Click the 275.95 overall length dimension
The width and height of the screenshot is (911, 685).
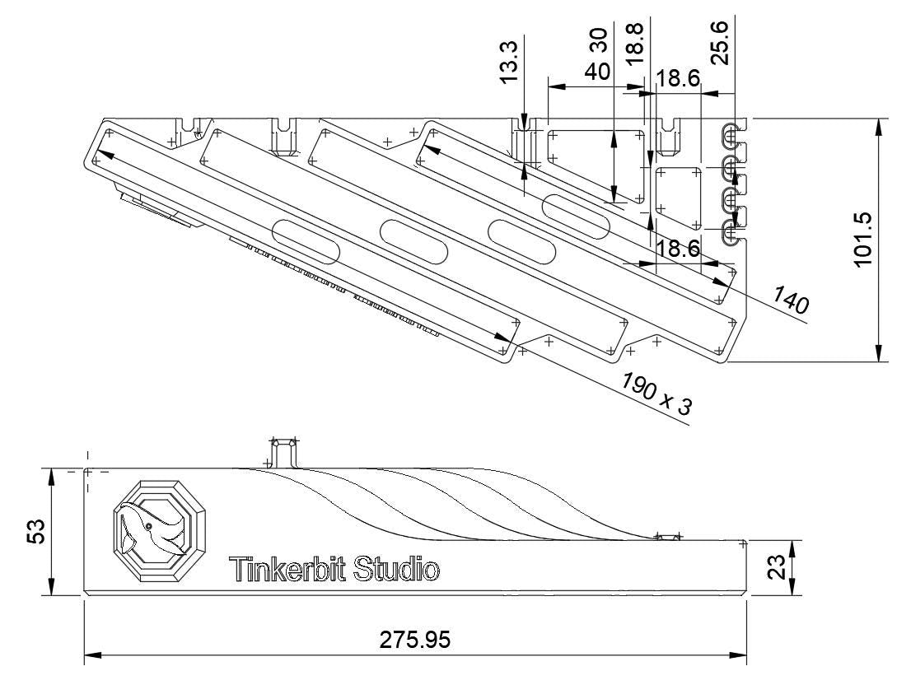click(415, 640)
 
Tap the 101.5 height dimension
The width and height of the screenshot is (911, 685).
click(862, 239)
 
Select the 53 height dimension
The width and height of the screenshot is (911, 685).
click(35, 530)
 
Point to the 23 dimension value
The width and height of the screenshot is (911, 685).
click(776, 567)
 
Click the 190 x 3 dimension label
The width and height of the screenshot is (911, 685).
click(657, 393)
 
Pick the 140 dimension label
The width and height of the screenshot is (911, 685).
click(790, 301)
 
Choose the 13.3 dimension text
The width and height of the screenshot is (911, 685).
click(509, 62)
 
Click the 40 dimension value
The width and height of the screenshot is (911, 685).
click(597, 72)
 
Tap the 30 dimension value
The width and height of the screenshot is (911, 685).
click(598, 40)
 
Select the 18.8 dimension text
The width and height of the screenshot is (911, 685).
click(634, 43)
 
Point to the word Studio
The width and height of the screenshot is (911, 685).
click(396, 569)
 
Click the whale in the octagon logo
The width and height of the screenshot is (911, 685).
click(153, 530)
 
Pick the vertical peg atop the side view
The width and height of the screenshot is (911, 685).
click(284, 452)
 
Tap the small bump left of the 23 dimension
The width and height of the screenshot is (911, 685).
click(667, 536)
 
